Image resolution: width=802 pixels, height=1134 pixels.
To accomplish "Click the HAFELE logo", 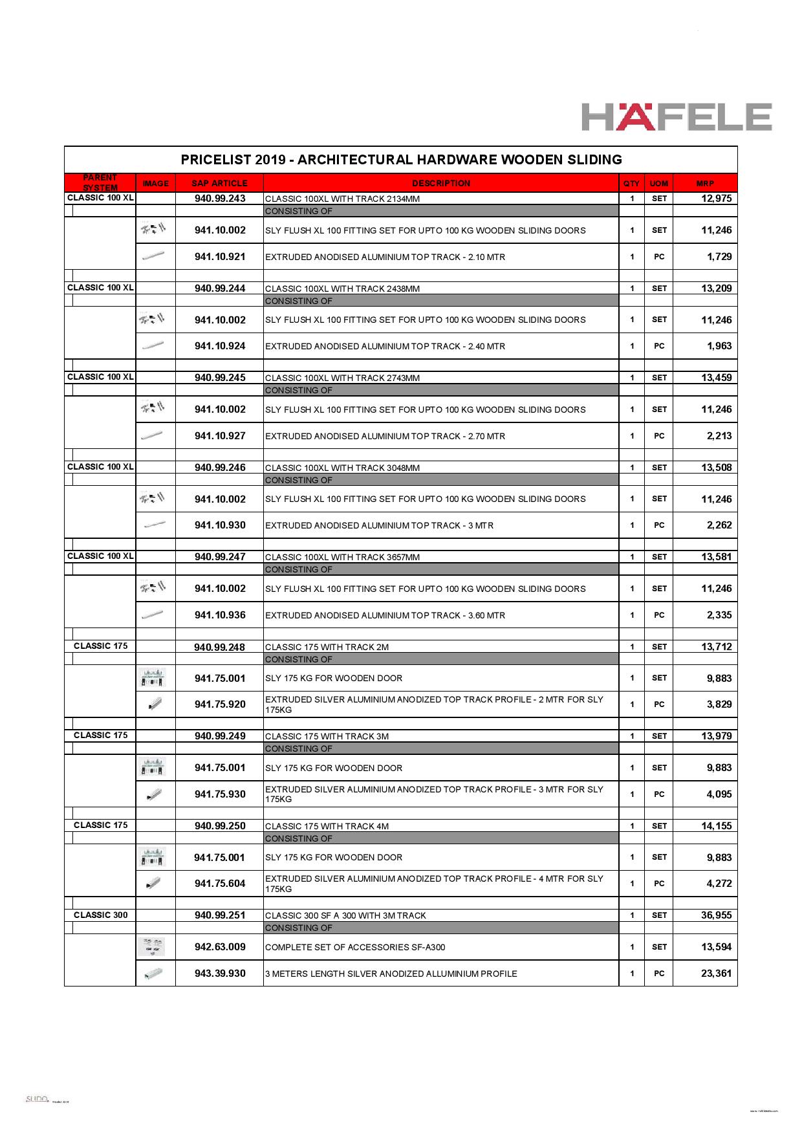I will coord(676,117).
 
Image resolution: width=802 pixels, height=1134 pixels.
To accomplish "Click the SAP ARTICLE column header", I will coord(220,183).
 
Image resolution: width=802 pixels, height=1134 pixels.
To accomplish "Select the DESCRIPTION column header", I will coord(441,183).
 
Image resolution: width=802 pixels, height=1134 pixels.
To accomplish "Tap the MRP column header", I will coord(705,183).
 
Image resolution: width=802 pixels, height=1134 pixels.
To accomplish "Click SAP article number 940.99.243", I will coord(220,199).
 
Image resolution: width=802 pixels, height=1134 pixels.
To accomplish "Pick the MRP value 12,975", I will coord(716,199).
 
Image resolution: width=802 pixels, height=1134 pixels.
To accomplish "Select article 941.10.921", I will coord(220,257).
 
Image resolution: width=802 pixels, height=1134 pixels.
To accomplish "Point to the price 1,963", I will coord(719,346).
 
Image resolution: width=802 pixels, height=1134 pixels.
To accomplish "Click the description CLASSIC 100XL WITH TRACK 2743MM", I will coord(342,378).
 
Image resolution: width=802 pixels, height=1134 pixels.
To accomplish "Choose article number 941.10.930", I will coord(220,525).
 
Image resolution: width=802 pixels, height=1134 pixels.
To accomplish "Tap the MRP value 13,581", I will coord(716,557).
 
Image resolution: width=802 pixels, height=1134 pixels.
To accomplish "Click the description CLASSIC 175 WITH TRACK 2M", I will coord(327,647).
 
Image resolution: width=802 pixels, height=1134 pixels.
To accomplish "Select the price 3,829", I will coord(719,704).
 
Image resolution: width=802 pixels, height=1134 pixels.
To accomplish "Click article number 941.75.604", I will coord(220,884).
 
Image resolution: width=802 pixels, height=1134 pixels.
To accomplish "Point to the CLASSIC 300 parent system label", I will coord(100,915).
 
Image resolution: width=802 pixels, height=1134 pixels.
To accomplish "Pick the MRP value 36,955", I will coord(716,915).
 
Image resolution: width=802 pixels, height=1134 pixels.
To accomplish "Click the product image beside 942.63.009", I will coord(152,946).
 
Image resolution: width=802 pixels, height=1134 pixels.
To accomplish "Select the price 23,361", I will coord(716,974).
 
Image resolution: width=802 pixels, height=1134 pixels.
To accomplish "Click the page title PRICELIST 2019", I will coord(401,159).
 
